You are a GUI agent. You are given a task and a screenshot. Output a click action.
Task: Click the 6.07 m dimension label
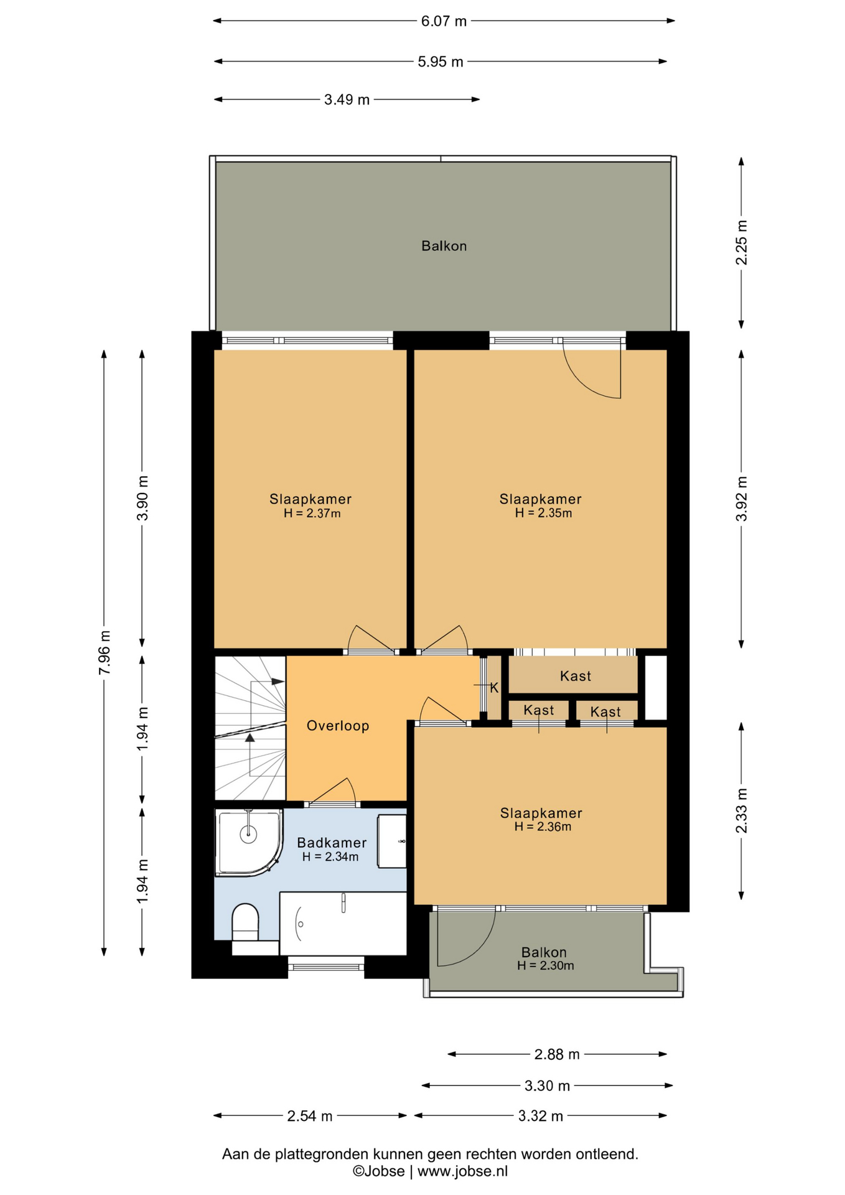point(444,21)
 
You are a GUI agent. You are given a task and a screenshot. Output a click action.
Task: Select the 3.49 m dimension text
point(347,100)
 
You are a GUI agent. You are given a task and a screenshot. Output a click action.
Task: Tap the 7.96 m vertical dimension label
point(105,652)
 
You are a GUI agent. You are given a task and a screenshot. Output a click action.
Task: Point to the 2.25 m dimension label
point(741,242)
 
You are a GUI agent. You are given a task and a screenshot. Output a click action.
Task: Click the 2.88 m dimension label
point(557,1054)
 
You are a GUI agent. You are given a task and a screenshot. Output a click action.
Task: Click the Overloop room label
point(338,726)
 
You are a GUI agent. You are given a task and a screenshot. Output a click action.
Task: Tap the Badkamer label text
point(332,843)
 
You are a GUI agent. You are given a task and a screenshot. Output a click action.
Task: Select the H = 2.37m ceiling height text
point(312,513)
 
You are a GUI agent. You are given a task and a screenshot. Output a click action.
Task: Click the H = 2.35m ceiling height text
point(543,513)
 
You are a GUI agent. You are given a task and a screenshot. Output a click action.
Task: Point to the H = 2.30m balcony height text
point(545,965)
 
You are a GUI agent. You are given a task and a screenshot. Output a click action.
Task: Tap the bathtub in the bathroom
point(343,923)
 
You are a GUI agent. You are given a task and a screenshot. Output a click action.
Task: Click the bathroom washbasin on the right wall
point(392,841)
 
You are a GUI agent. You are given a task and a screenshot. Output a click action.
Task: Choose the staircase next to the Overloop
point(250,728)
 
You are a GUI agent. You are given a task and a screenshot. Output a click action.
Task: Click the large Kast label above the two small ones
point(576,676)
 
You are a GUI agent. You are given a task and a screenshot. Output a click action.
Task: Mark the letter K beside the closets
point(494,688)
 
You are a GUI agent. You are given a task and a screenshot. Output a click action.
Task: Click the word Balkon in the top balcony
point(444,246)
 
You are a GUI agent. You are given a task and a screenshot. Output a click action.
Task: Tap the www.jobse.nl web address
point(462,1171)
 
